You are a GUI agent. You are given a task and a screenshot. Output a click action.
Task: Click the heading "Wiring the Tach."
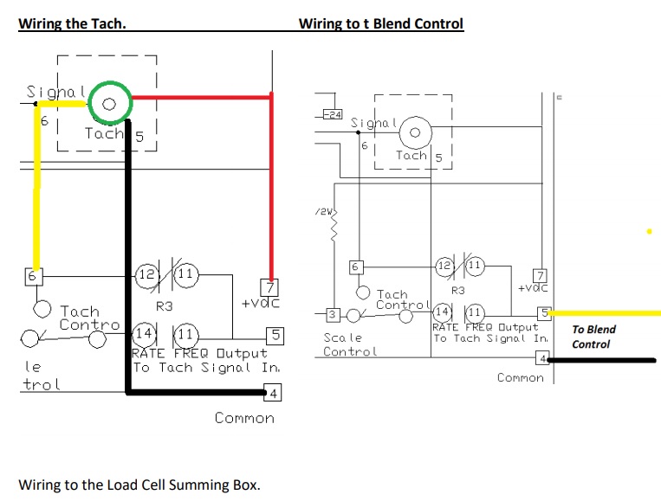[72, 24]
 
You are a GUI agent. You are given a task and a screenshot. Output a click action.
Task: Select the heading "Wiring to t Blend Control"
[381, 24]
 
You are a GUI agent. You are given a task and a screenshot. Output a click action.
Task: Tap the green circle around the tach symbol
[108, 103]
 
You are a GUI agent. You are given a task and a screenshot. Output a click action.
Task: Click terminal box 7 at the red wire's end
[269, 286]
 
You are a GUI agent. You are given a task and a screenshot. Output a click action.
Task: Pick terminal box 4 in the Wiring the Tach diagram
[272, 395]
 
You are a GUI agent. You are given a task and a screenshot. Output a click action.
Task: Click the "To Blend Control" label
[594, 337]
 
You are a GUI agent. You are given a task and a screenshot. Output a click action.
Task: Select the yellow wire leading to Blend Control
[606, 312]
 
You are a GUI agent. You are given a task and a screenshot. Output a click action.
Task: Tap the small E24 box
[332, 115]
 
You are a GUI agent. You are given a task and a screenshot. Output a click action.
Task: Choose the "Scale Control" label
[350, 344]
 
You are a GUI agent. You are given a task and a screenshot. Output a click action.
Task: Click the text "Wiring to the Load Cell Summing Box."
[139, 484]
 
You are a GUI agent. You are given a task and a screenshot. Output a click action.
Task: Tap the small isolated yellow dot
[649, 232]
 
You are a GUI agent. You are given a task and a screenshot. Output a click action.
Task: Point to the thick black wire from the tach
[128, 260]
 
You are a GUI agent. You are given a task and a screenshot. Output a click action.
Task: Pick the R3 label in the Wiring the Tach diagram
[165, 305]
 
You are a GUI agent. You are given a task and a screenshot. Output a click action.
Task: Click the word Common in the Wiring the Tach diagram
[244, 418]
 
